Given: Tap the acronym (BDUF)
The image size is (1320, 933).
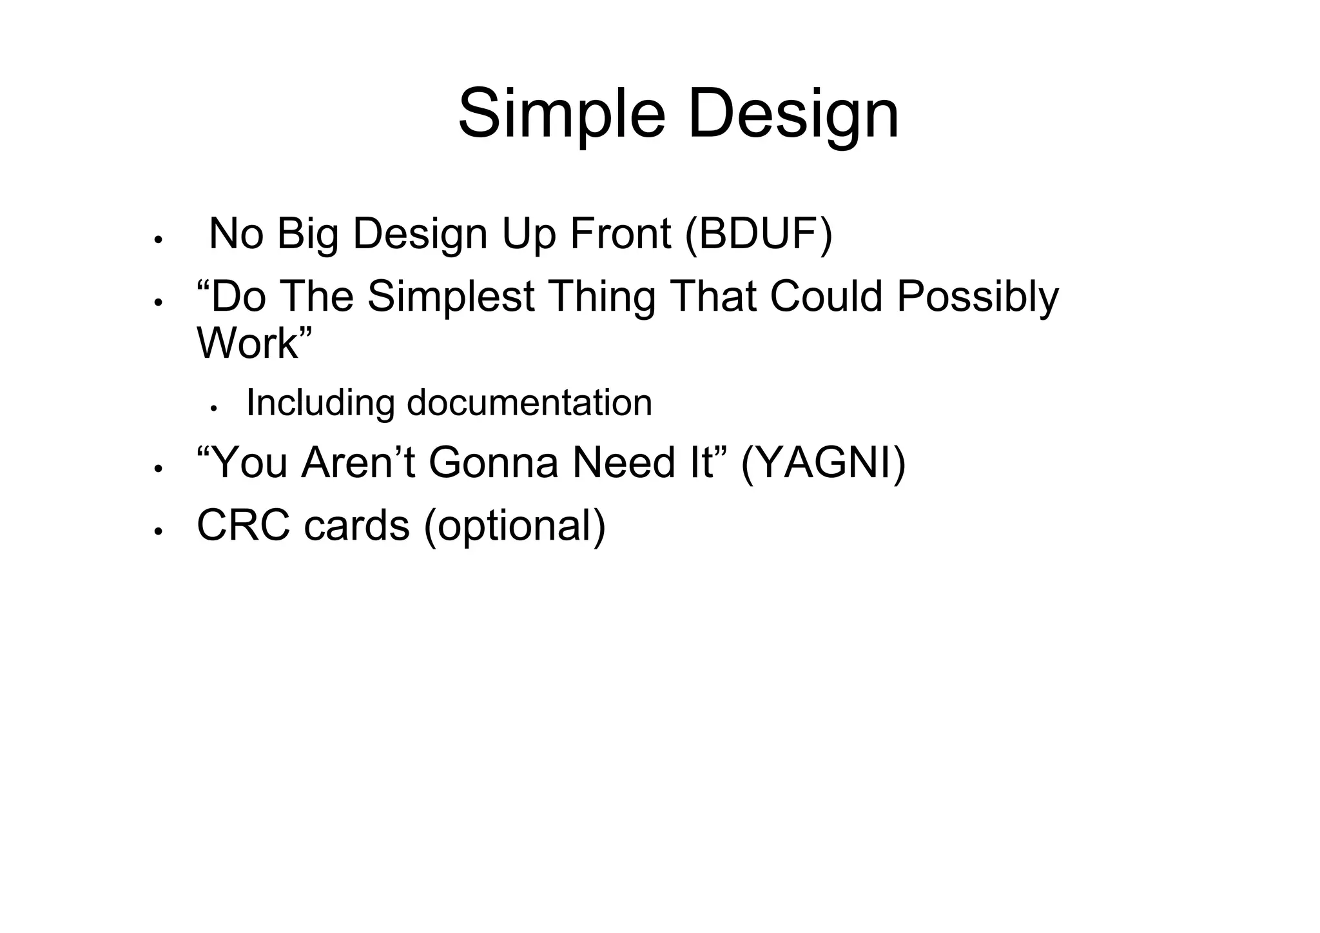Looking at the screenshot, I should (759, 233).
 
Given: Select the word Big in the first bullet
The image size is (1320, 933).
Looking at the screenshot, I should (307, 233).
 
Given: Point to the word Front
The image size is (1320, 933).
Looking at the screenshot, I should (621, 233).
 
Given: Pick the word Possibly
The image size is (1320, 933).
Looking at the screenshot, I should (977, 297).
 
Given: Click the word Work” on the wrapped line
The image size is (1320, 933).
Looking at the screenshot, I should (254, 343).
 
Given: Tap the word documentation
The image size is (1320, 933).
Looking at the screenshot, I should (529, 403).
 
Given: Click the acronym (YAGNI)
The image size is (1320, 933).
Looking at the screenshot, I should (823, 463).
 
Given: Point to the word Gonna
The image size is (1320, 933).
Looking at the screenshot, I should (493, 463).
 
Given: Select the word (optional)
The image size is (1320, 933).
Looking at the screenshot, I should (514, 525).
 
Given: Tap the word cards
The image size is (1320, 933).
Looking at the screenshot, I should (356, 525).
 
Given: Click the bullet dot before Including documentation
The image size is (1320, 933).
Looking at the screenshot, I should (215, 408).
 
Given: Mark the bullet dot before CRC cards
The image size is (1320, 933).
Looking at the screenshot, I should (157, 531).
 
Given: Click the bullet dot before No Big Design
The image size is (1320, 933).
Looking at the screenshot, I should (157, 240).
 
